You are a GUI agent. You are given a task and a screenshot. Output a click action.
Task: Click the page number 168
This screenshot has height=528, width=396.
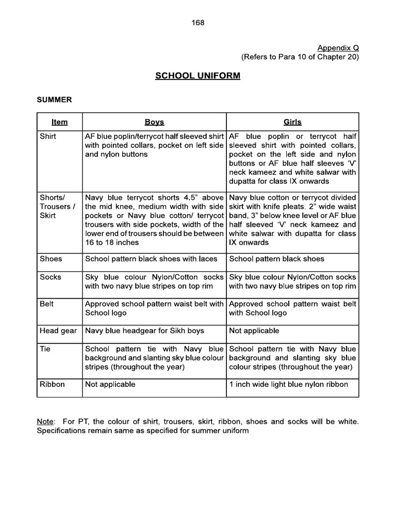tap(198, 23)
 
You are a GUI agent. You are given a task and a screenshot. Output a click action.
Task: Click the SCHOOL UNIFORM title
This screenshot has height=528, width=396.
tap(198, 76)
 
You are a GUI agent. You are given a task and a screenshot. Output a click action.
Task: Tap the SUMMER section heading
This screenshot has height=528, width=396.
tap(54, 100)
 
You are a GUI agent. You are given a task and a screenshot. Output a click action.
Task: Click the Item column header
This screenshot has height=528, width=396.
tap(60, 122)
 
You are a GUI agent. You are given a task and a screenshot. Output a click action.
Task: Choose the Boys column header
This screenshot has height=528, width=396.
tap(154, 122)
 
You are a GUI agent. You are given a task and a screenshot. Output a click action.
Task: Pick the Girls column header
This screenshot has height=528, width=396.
tap(292, 122)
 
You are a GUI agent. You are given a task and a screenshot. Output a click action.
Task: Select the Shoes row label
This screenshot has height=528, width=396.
tap(51, 259)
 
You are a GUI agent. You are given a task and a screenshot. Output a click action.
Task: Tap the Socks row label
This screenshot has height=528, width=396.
tap(51, 277)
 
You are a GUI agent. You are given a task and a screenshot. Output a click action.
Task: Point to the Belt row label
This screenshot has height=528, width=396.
tap(47, 304)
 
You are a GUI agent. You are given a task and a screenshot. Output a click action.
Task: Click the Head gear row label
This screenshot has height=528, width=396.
tap(58, 331)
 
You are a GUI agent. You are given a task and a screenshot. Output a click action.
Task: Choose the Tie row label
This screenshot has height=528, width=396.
tap(45, 349)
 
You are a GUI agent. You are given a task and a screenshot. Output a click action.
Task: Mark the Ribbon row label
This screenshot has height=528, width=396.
tap(52, 384)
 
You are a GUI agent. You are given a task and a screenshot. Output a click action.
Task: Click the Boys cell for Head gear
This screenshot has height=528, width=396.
tap(144, 331)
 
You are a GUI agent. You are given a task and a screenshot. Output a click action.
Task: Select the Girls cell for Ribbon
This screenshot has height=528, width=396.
tap(288, 384)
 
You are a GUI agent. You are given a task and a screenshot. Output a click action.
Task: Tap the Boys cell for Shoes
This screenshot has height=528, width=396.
tap(151, 259)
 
